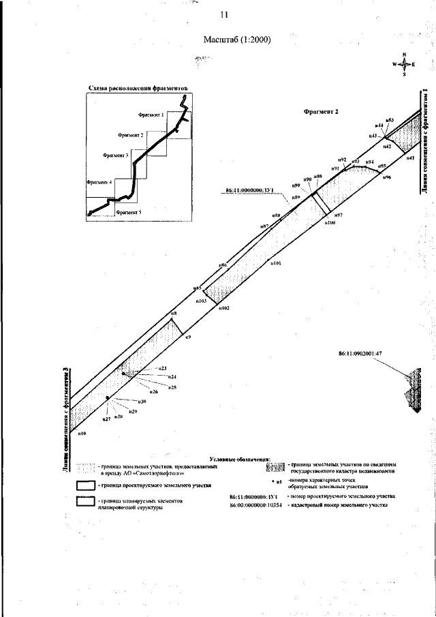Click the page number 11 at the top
(223, 15)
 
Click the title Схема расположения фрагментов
(137, 87)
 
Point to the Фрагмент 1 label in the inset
(151, 115)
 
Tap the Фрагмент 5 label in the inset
(129, 213)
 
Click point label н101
(276, 262)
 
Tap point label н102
(224, 308)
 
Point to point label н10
(82, 433)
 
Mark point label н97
(338, 215)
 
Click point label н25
(172, 387)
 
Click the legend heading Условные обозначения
(240, 460)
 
